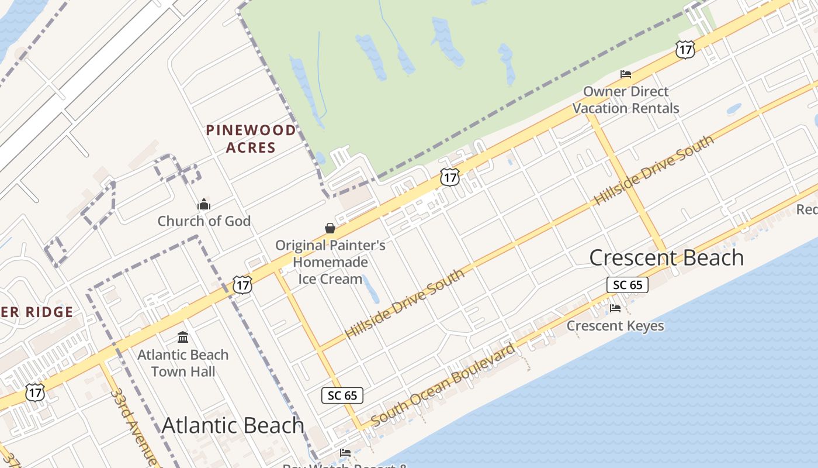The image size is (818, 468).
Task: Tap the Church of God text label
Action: (204, 221)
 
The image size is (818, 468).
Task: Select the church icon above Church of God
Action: (204, 204)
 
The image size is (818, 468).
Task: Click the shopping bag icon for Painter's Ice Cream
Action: (330, 228)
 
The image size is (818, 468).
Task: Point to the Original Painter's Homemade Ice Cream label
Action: (330, 262)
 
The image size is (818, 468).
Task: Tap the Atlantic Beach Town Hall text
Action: (183, 363)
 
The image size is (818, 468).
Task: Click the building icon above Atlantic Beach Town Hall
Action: (183, 338)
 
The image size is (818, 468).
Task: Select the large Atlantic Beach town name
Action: (233, 425)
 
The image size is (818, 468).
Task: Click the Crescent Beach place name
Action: (666, 257)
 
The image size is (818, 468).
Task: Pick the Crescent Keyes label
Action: (615, 326)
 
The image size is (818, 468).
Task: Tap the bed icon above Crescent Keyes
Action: (615, 308)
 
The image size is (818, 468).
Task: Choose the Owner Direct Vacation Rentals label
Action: (626, 100)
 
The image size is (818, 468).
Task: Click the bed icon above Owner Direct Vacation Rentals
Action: (626, 74)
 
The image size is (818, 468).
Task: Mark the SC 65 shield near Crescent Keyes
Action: (628, 285)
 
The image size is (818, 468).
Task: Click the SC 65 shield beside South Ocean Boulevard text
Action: (342, 395)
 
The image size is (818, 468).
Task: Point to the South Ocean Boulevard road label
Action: (443, 384)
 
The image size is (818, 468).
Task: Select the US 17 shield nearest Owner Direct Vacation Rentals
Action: (685, 49)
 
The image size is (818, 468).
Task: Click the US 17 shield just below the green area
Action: (449, 177)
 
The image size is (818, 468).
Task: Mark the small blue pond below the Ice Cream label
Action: (370, 289)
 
